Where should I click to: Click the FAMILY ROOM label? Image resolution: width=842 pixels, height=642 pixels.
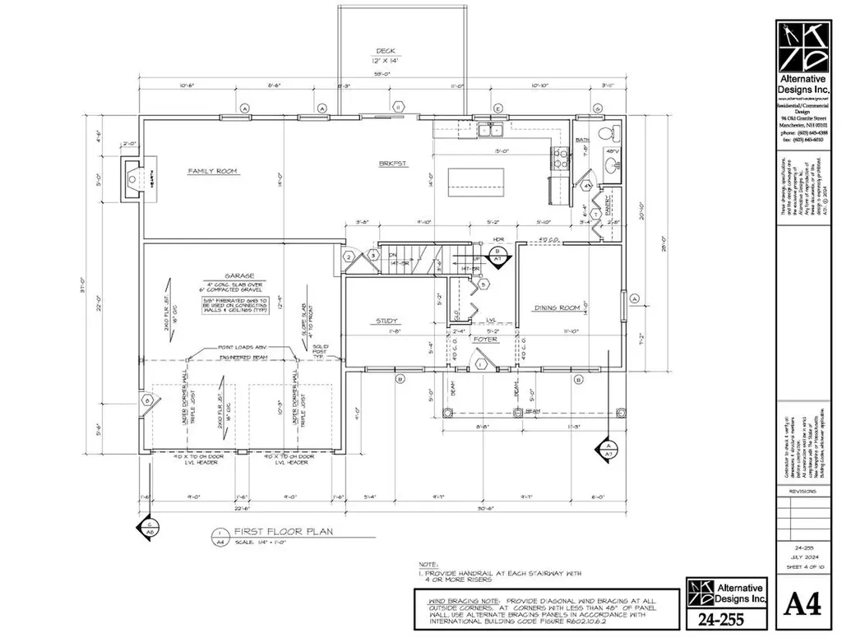click(x=212, y=171)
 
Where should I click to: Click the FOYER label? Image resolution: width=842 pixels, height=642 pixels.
click(x=486, y=338)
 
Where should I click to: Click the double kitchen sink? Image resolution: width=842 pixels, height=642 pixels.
click(x=492, y=129)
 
